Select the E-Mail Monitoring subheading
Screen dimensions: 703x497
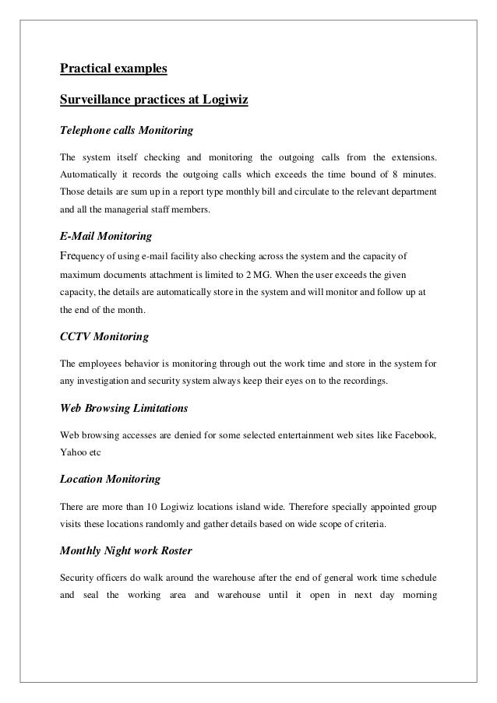point(105,234)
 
